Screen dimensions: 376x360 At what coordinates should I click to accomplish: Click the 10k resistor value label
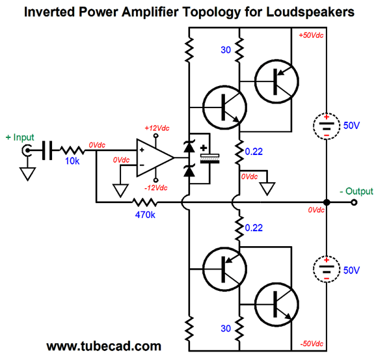pos(72,161)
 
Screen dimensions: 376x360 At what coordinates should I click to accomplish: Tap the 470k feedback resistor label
pos(145,215)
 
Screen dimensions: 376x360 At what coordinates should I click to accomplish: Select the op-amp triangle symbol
pos(155,158)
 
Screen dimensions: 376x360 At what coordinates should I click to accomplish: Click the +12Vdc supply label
pos(157,128)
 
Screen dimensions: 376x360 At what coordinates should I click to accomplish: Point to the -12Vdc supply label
pos(156,187)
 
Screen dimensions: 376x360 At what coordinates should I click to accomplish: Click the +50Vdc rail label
pos(311,35)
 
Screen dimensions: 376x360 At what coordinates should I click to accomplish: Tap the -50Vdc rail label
pos(312,344)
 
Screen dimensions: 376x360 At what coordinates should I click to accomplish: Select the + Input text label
pos(20,137)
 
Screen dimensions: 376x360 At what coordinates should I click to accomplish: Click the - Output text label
pos(356,191)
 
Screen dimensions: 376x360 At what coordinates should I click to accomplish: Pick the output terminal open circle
pos(354,202)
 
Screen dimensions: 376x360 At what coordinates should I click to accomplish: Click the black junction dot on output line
pos(327,202)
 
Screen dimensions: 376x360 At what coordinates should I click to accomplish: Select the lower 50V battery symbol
pos(327,269)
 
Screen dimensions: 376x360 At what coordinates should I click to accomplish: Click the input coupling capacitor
pos(47,150)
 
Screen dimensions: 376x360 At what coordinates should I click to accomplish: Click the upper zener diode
pos(189,146)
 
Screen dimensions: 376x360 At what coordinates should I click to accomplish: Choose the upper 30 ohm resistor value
pos(226,50)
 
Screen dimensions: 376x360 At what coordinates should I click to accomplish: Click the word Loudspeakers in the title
pos(310,12)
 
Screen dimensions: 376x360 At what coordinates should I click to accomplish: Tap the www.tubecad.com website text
pos(103,346)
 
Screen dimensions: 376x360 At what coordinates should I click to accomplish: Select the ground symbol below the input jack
pos(27,174)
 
